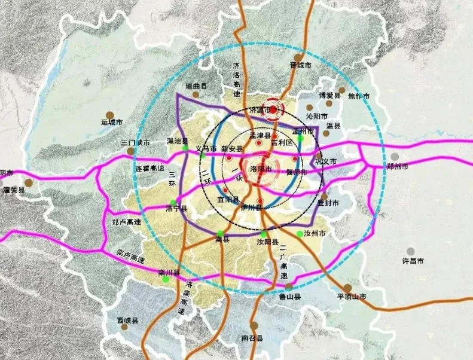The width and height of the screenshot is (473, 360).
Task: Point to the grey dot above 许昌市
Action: [x=410, y=251]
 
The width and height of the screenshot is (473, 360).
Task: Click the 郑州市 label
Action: [x=397, y=166]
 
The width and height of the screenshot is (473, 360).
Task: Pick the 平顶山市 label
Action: [x=351, y=296]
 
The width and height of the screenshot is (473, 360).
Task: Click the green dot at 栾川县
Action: [x=165, y=280]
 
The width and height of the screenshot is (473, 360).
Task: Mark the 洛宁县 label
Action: [x=176, y=209]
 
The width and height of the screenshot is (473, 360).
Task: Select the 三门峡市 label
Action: [x=135, y=143]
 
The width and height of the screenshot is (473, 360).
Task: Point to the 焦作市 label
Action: [x=359, y=96]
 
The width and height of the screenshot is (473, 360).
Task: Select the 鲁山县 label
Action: [x=290, y=296]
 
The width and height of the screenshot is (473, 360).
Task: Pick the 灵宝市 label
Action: [x=5, y=173]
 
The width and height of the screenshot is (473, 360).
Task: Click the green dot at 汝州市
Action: [x=300, y=234]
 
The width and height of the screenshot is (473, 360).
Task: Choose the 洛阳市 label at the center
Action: [x=261, y=169]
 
